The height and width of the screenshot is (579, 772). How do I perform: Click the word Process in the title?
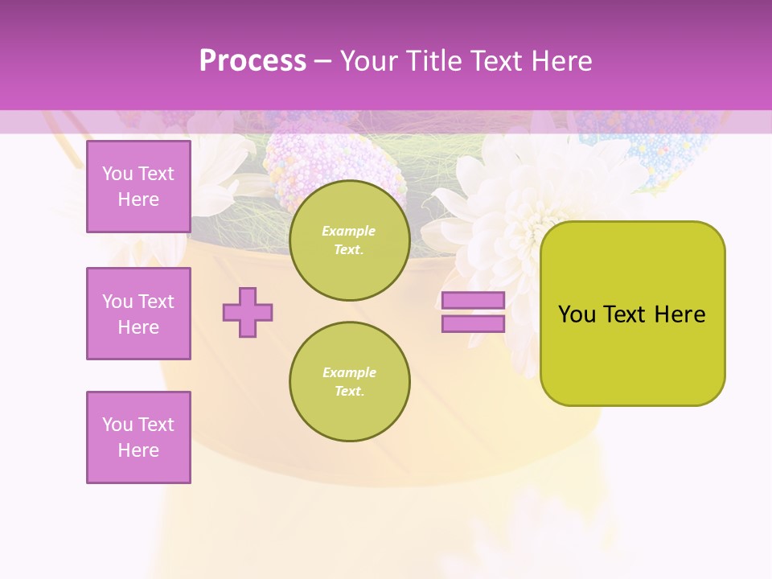253,61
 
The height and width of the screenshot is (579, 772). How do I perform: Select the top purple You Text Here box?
138,187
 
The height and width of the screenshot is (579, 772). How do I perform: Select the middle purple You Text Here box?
138,314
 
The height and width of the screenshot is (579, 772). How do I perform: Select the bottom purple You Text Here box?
138,437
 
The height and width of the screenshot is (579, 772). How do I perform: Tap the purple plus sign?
248,312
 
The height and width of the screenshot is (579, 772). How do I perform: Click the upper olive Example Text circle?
349,240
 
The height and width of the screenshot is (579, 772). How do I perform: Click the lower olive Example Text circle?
349,381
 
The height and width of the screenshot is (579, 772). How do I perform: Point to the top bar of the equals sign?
473,300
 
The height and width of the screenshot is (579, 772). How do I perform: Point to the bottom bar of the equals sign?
473,324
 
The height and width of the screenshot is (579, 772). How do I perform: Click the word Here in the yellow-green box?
680,314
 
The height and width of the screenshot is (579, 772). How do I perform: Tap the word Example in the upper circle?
348,231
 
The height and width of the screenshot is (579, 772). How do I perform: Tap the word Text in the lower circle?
348,391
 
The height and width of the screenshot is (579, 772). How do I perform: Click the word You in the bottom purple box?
117,425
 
